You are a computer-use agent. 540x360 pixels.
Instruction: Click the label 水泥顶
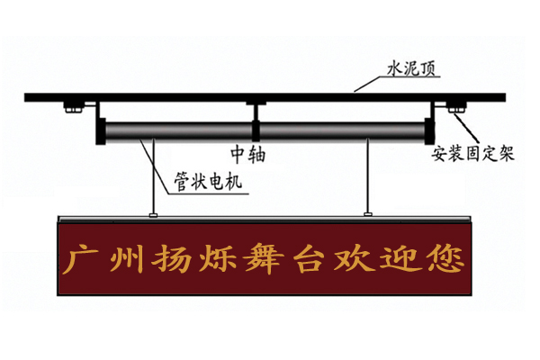[411, 67]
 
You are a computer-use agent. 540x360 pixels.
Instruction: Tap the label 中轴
[248, 154]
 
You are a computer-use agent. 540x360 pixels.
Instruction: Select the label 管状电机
[208, 181]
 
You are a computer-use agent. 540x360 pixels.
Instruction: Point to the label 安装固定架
[473, 153]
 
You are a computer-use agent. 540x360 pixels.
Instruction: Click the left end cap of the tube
[101, 131]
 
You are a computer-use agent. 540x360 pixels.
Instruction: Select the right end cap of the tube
[429, 131]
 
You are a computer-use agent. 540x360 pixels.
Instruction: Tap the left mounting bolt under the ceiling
[73, 106]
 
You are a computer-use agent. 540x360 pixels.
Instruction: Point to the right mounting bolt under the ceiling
[456, 106]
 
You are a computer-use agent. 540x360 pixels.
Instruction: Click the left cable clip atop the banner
[153, 215]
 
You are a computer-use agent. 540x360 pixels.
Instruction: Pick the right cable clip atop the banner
[368, 215]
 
